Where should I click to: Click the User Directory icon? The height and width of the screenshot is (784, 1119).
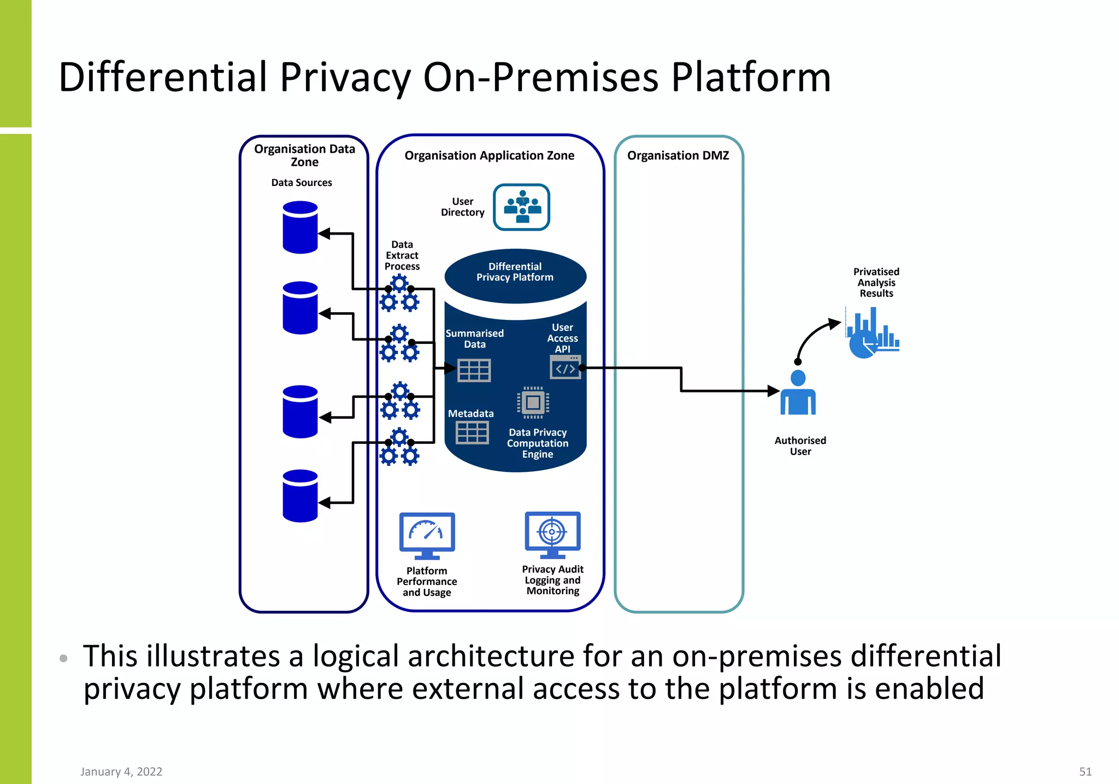[521, 207]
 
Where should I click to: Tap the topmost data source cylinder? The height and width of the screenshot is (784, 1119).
[300, 227]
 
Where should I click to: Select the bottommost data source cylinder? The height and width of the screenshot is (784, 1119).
[300, 496]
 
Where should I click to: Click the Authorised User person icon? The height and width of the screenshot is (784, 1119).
[798, 393]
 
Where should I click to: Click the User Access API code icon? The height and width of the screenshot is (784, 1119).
[565, 367]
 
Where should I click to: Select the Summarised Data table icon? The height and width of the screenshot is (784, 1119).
[474, 370]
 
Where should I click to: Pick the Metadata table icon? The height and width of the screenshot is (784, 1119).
[472, 432]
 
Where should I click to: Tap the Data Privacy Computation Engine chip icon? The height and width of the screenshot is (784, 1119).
[533, 403]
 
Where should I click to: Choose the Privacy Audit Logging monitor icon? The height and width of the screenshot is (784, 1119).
[552, 534]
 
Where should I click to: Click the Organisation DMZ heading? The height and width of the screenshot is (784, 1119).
[678, 156]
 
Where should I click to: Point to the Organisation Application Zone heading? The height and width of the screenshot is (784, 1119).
[489, 156]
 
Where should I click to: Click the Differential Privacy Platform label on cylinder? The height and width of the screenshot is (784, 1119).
[515, 272]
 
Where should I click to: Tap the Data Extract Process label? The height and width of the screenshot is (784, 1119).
[402, 255]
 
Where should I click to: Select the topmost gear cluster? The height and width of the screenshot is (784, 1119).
[400, 294]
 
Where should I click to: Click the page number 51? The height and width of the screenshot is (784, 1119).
[1085, 771]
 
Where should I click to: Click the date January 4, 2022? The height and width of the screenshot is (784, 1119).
[121, 771]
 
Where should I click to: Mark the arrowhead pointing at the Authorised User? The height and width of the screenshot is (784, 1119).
[773, 391]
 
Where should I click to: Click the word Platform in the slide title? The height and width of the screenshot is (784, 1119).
[751, 78]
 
